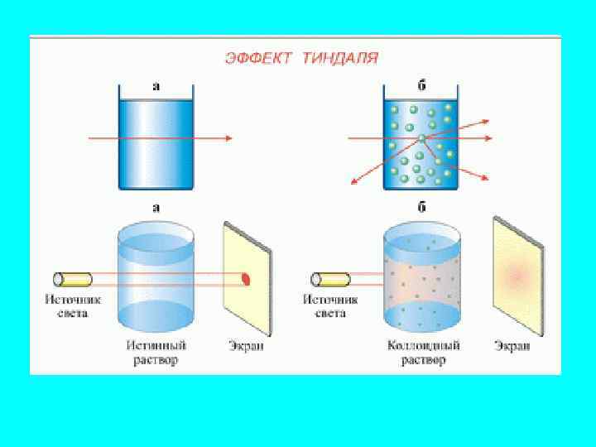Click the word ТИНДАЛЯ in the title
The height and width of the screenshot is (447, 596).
click(339, 58)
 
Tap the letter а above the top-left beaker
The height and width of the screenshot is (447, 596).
click(156, 84)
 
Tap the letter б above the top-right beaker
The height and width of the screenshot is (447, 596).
click(421, 84)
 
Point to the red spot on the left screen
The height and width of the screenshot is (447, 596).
click(246, 279)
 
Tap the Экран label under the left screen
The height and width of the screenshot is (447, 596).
click(246, 346)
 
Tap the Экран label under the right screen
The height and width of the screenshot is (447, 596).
click(512, 346)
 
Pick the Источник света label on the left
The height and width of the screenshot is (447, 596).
click(67, 307)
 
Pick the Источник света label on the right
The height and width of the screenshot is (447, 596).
click(324, 307)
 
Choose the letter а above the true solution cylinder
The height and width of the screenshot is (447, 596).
click(156, 208)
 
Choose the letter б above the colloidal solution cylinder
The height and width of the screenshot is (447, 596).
click(421, 208)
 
